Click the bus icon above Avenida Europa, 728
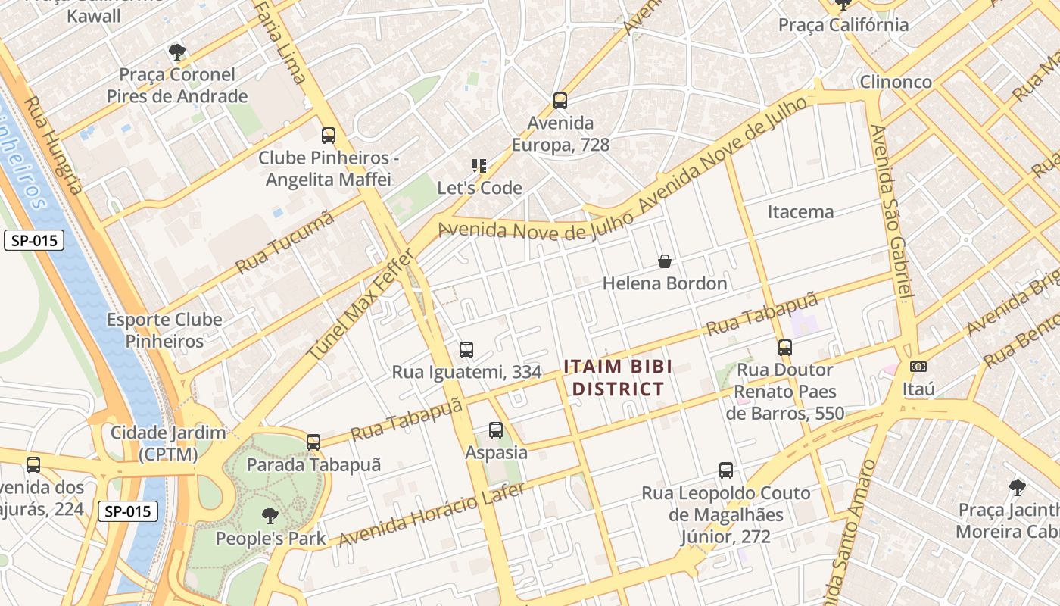click(560, 100)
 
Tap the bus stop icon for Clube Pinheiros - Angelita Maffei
click(329, 136)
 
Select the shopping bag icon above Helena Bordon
click(665, 261)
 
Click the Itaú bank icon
click(918, 367)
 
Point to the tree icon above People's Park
click(270, 517)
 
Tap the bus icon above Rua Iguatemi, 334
click(466, 350)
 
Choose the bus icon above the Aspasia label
click(496, 430)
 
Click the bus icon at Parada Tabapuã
click(313, 442)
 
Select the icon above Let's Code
click(479, 165)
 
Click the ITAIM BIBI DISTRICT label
click(618, 378)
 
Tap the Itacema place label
click(800, 211)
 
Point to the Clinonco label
click(896, 81)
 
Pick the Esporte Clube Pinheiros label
click(164, 330)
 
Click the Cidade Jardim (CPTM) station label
click(168, 443)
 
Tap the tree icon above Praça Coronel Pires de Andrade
click(177, 52)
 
